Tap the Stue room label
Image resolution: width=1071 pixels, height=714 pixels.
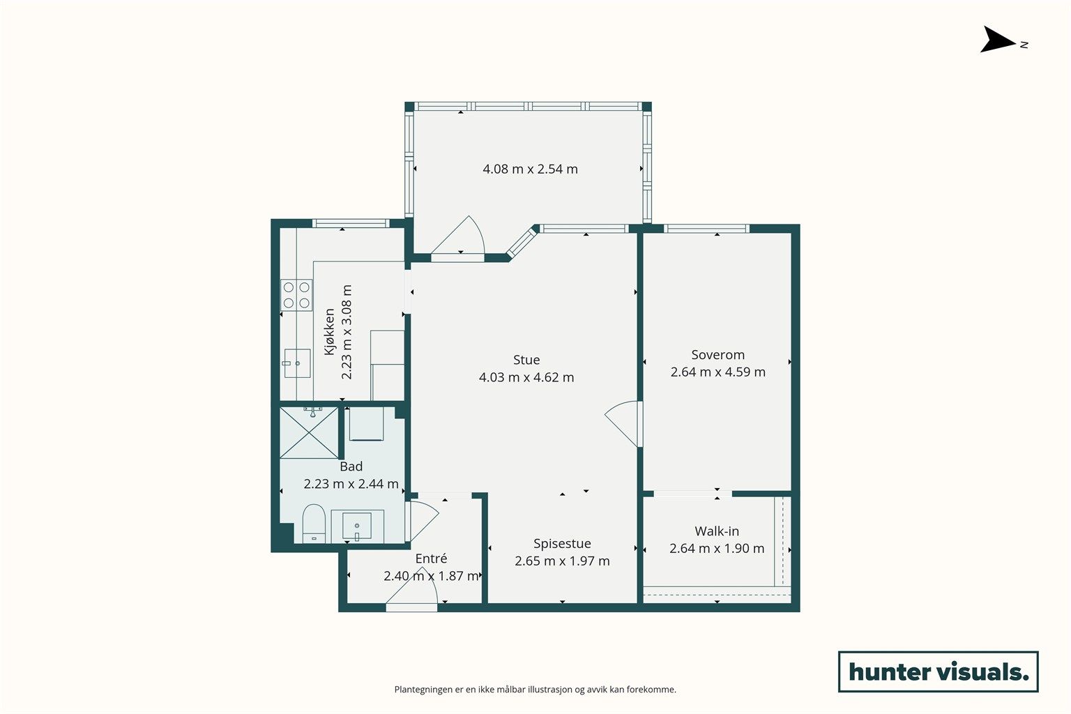click(526, 360)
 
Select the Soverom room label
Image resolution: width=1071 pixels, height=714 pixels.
click(717, 355)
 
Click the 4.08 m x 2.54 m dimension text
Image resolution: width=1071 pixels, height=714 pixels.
click(530, 169)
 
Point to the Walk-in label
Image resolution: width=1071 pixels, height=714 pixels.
click(717, 531)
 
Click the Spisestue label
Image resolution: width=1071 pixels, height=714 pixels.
click(562, 544)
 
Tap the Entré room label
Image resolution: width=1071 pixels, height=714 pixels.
click(432, 559)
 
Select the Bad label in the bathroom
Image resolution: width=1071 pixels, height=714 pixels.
click(351, 466)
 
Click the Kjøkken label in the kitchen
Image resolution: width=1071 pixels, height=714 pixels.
click(329, 332)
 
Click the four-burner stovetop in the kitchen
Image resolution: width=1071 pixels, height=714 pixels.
click(296, 295)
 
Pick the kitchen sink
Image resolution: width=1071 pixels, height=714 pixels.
click(297, 363)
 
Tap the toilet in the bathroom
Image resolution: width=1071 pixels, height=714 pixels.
click(314, 524)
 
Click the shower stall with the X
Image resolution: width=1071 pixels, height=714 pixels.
click(309, 432)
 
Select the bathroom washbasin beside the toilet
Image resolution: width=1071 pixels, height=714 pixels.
click(357, 526)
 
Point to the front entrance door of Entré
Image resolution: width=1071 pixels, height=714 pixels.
click(411, 590)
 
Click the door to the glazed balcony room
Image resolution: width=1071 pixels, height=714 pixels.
click(458, 237)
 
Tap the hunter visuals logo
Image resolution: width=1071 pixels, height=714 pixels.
click(939, 671)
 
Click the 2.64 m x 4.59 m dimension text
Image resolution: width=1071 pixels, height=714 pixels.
click(717, 372)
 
